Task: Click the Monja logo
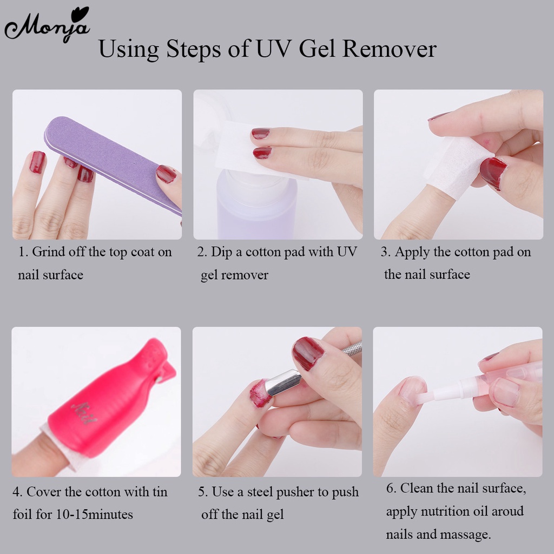[x=47, y=25]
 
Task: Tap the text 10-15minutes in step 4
[x=95, y=515]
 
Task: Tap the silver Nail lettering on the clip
[x=84, y=413]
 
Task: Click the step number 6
[x=391, y=489]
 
